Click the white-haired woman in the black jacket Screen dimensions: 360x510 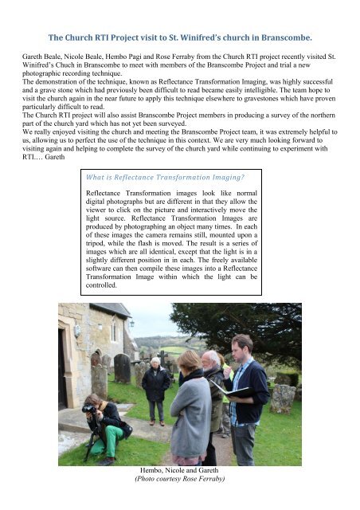pos(155,382)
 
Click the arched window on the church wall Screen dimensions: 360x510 pos(112,330)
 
